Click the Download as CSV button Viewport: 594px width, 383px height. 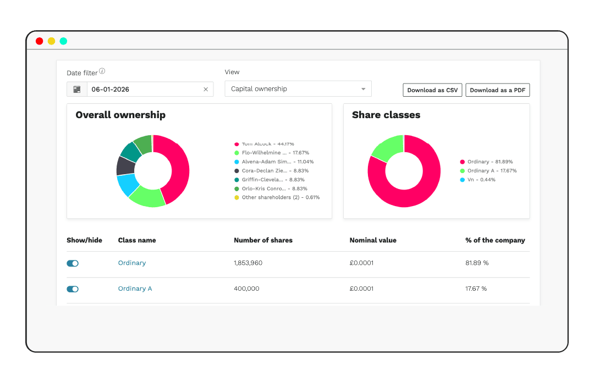coord(433,90)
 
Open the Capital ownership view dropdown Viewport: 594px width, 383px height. coord(298,89)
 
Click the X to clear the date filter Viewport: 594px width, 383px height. coord(206,90)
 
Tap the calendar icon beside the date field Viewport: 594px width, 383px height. coord(77,90)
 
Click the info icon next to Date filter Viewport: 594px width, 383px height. coord(102,71)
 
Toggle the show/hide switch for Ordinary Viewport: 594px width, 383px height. coord(73,263)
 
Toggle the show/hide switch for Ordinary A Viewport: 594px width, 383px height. coord(73,289)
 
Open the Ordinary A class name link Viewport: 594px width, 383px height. coord(135,288)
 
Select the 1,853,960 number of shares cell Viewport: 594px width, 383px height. coord(248,263)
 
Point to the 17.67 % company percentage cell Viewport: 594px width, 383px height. coord(476,288)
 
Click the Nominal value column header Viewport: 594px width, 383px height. coord(373,240)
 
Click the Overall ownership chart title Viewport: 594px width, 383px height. coord(120,115)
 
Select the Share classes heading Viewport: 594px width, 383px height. coord(386,115)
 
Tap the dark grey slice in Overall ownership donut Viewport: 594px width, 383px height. coord(125,165)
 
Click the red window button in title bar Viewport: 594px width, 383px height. coord(39,41)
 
